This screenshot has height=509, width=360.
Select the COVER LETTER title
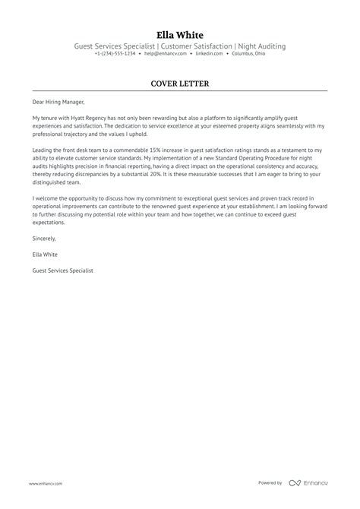point(180,83)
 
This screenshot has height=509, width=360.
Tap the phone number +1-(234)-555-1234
point(115,55)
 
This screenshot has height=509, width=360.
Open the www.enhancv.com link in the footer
point(46,483)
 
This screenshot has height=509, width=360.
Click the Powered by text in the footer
point(270,483)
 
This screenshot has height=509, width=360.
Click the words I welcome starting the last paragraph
point(45,198)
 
